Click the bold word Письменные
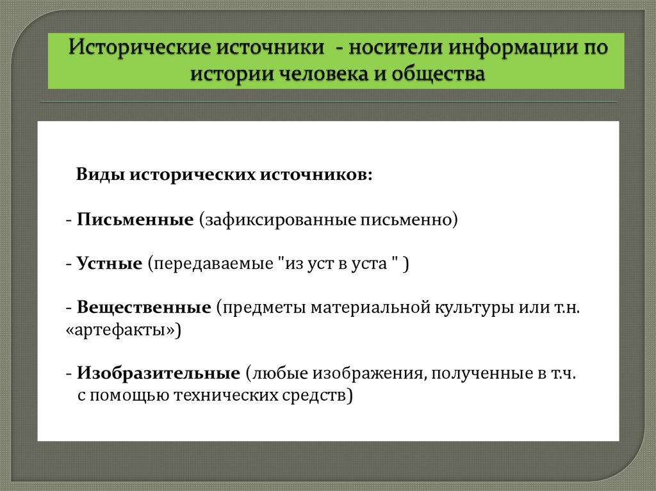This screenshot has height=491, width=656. coord(135,220)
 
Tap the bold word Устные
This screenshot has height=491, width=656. coord(110,264)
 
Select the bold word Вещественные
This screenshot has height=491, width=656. coord(144,307)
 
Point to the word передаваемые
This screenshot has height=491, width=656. coord(210,264)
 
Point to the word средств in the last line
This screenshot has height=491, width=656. coord(317,395)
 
